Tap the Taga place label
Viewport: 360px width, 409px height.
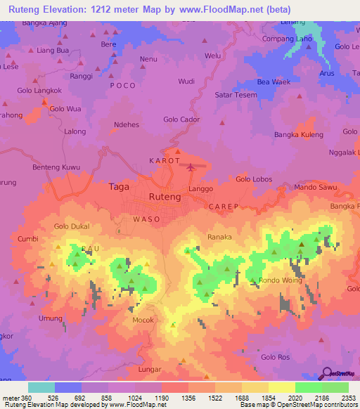[x=119, y=187]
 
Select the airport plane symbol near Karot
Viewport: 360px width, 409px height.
[x=192, y=167]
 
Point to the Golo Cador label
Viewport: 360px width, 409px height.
[x=181, y=119]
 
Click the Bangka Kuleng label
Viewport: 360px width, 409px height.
[x=297, y=134]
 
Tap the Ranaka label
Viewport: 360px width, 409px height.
[x=219, y=238]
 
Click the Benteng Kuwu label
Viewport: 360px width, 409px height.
[x=57, y=167]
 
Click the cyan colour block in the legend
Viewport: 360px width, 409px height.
[x=41, y=387]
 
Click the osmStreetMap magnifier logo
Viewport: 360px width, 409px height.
[x=328, y=374]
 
